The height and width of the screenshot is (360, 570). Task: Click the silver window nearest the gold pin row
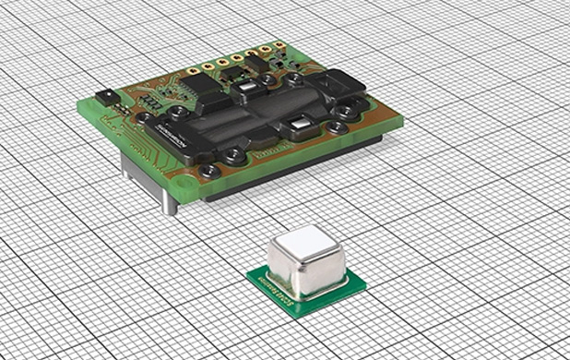point(249,90)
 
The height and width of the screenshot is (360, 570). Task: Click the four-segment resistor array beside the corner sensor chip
point(123,104)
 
